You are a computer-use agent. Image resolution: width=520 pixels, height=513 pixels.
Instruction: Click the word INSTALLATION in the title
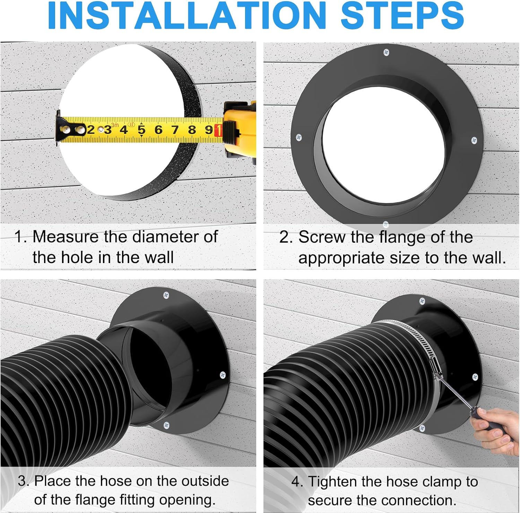click(187, 16)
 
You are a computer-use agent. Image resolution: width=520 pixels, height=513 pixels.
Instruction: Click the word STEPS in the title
click(402, 16)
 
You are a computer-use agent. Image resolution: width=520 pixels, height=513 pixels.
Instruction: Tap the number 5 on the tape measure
click(141, 130)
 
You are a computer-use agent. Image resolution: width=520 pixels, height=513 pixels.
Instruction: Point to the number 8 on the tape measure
click(192, 130)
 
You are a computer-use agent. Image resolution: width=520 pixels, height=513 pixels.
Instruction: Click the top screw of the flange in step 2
click(386, 53)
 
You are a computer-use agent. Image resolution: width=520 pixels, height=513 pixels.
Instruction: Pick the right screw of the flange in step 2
click(475, 140)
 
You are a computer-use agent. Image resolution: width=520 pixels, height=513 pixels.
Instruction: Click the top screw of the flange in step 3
click(166, 295)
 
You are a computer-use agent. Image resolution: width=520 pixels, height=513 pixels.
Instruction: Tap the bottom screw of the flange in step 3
click(166, 425)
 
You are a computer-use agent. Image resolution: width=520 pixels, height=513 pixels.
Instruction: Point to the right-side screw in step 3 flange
click(223, 375)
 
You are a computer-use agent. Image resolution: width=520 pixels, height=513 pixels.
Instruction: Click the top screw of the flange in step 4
click(422, 301)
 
